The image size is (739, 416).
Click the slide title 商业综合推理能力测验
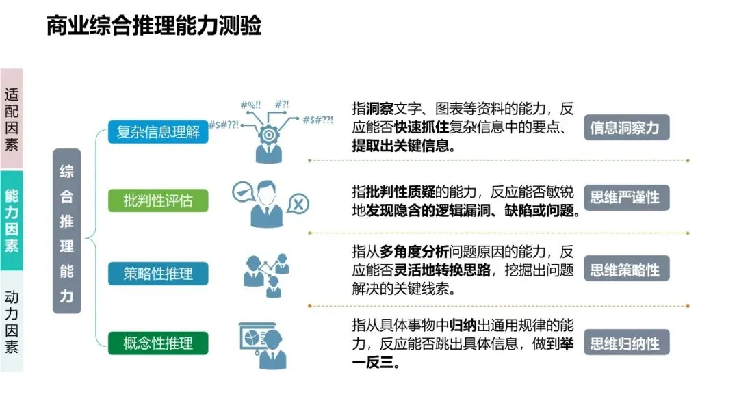pyautogui.click(x=154, y=27)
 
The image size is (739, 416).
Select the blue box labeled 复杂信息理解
pyautogui.click(x=158, y=131)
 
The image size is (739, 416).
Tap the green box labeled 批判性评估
pyautogui.click(x=158, y=201)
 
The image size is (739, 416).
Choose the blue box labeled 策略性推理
pyautogui.click(x=158, y=274)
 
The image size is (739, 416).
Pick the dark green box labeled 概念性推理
pyautogui.click(x=158, y=343)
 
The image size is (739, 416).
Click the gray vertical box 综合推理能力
pyautogui.click(x=66, y=231)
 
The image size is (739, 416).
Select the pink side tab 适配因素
pyautogui.click(x=12, y=118)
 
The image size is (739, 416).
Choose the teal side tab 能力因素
pyautogui.click(x=12, y=220)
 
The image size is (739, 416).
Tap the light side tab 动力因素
pyautogui.click(x=12, y=322)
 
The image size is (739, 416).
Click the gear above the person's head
pyautogui.click(x=269, y=135)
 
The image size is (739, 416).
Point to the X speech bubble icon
pyautogui.click(x=298, y=203)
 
